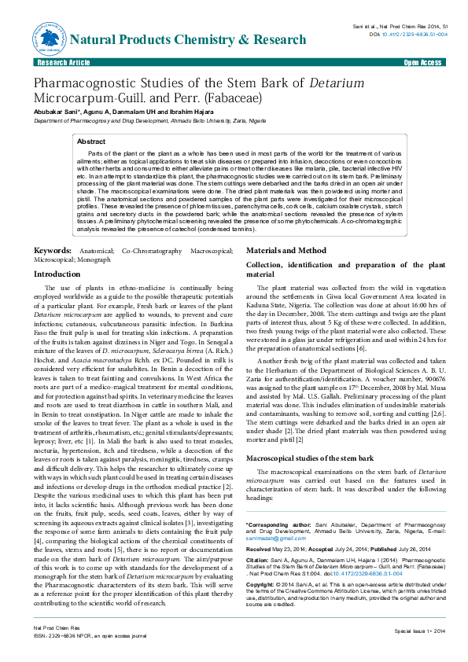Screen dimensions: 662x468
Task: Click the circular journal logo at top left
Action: point(49,36)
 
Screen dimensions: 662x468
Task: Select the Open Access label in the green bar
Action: point(422,62)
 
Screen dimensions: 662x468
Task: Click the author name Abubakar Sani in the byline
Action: point(55,112)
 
